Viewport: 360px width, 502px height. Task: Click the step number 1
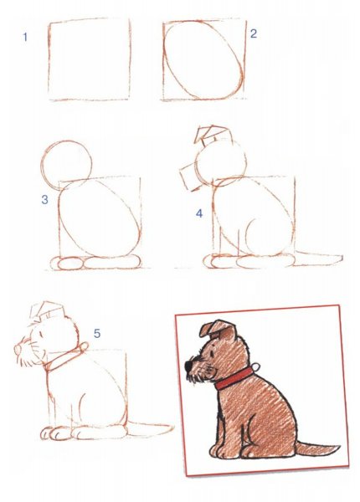(25, 37)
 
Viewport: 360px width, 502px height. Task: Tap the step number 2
(254, 33)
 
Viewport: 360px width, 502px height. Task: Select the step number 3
(45, 199)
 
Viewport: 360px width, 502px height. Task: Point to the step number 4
(199, 213)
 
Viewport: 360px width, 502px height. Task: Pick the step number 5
(97, 334)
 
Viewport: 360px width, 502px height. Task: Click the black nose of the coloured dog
(188, 366)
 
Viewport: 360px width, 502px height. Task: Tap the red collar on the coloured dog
(234, 378)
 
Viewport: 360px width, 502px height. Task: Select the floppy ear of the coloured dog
(210, 329)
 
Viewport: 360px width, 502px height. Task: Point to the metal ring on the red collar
(256, 366)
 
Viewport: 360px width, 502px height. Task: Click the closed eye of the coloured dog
(210, 353)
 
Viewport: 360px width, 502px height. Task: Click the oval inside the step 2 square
(164, 58)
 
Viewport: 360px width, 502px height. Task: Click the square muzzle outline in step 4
(184, 179)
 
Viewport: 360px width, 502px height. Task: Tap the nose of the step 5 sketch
(17, 350)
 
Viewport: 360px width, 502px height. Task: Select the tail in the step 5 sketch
(151, 429)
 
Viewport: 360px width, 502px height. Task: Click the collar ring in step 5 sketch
(84, 346)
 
